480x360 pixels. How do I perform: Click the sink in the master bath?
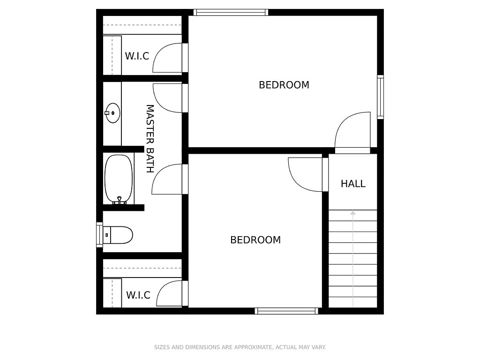[x=112, y=113]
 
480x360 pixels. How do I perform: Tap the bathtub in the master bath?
[x=119, y=179]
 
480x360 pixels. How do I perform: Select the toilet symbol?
[x=118, y=235]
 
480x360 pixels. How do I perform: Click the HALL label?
[x=353, y=184]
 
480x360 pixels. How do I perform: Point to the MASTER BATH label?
[x=150, y=139]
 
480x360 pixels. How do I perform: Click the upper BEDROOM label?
[x=284, y=85]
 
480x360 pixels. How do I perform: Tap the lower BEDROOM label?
[x=255, y=240]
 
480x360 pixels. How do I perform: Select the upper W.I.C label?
[x=137, y=56]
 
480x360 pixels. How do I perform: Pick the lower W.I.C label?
[x=138, y=295]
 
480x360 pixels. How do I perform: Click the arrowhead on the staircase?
[x=353, y=212]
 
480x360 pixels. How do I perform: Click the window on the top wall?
[x=231, y=12]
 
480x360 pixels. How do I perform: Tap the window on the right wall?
[x=380, y=97]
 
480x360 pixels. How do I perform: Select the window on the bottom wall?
[x=286, y=311]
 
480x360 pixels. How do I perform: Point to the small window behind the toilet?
[x=99, y=235]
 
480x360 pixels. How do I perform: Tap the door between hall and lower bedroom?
[x=308, y=174]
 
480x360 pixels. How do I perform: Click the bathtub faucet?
[x=120, y=201]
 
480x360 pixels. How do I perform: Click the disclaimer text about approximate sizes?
[x=240, y=347]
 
